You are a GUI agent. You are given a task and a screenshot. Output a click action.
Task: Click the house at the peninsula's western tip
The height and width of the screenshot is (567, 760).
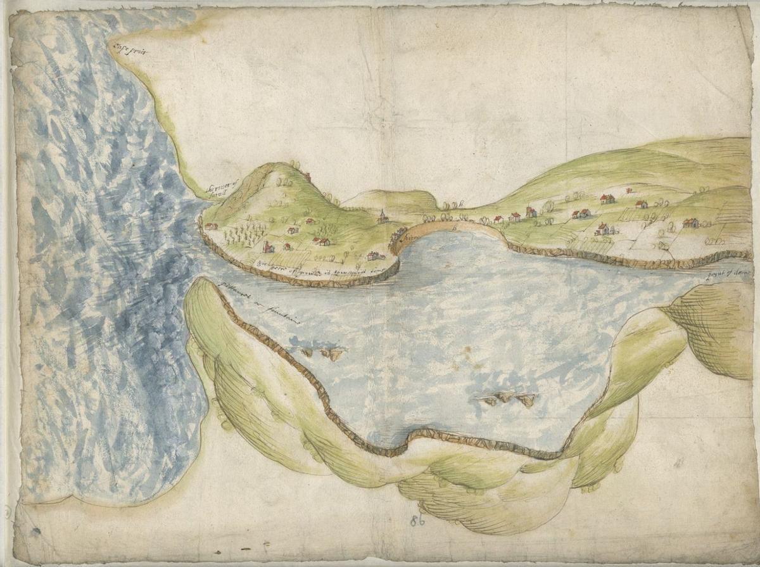210,226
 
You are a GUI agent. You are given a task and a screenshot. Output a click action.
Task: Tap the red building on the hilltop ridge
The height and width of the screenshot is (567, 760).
308,176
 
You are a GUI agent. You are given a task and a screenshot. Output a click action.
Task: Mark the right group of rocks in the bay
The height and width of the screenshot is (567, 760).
507,398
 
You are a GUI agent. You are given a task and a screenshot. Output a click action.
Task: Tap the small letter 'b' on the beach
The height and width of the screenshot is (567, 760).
455,227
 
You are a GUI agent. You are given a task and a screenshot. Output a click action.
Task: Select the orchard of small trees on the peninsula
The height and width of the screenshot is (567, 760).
244,234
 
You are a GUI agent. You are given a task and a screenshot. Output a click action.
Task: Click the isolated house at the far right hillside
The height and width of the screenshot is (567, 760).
690,223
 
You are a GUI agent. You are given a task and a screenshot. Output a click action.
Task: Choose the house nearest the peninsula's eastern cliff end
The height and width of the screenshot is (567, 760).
374,256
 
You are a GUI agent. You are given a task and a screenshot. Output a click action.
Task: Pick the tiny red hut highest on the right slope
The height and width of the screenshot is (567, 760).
629,189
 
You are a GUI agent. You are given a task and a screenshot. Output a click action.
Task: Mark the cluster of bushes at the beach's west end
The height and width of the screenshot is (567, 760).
399,236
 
